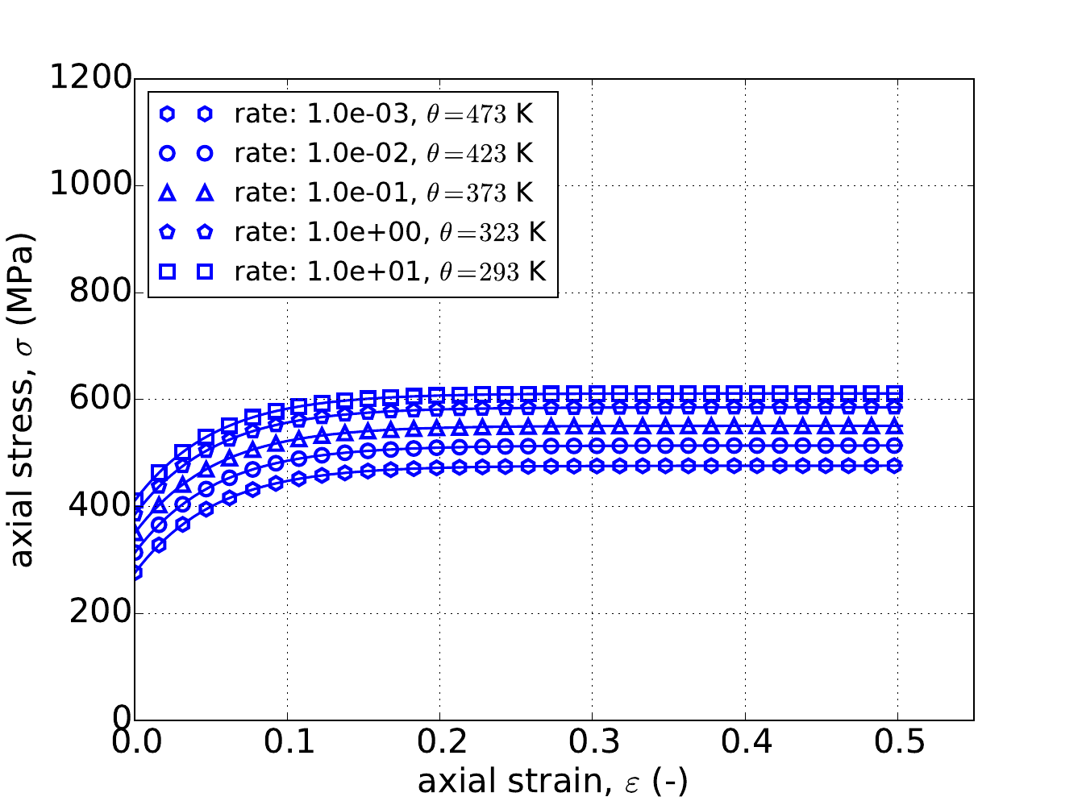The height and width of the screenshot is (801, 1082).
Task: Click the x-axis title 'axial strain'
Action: pos(552,782)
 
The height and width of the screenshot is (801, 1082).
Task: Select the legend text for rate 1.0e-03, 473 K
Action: pos(384,114)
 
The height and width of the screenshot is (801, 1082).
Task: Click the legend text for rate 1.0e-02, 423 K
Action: pos(384,153)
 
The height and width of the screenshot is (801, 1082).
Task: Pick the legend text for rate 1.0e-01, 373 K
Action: pos(384,193)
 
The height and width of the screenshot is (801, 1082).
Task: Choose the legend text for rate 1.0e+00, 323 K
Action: pos(390,232)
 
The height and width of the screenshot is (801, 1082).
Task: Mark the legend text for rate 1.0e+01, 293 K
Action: pos(390,272)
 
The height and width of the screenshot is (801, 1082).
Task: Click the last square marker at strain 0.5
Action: pos(894,393)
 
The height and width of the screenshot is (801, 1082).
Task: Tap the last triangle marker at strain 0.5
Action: pos(894,425)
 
